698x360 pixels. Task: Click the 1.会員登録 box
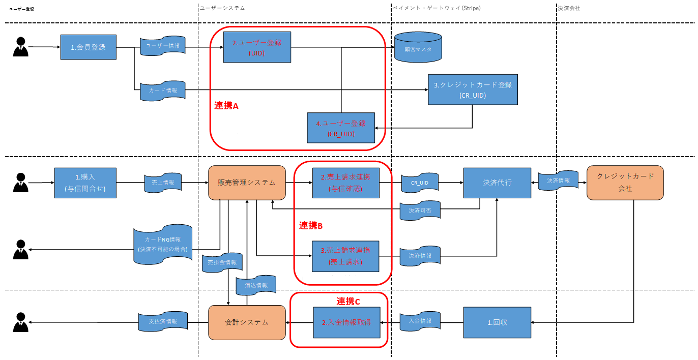[x=89, y=47]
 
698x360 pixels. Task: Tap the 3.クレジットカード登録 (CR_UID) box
[x=473, y=89]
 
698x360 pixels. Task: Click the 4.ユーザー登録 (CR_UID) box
[x=341, y=128]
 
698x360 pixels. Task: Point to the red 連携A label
[x=226, y=106]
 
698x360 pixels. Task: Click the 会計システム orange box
[x=247, y=322]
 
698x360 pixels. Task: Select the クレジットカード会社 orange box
[x=625, y=183]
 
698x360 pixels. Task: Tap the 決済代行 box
[x=497, y=183]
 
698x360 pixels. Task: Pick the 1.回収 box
[x=497, y=322]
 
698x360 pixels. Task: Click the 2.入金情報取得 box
[x=346, y=322]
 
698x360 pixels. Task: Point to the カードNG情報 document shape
[x=162, y=244]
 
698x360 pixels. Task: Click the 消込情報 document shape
[x=256, y=285]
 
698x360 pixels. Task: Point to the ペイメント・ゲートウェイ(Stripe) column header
[x=437, y=8]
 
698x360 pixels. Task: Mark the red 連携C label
[x=348, y=302]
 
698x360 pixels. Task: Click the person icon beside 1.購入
[x=20, y=183]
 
